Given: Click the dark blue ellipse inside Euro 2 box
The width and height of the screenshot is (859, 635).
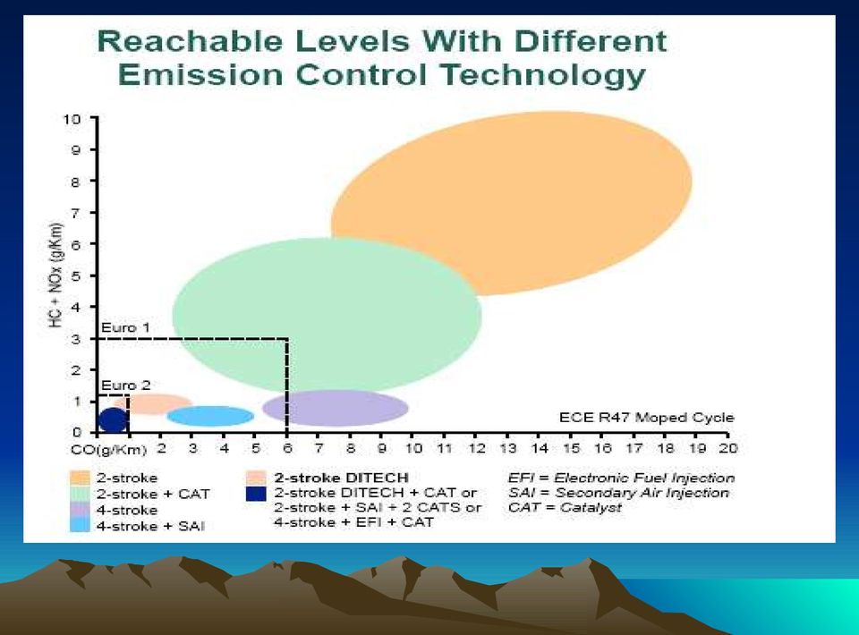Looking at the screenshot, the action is (x=113, y=419).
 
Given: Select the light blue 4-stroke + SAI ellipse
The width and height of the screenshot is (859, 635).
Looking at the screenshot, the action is (x=211, y=416).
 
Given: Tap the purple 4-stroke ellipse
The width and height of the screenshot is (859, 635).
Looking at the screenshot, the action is (x=336, y=408).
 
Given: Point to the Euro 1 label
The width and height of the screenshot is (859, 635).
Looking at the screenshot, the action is (x=125, y=327).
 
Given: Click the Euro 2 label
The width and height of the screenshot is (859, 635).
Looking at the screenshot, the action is (x=125, y=385).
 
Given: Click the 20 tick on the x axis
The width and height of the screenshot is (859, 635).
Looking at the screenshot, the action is (x=728, y=448).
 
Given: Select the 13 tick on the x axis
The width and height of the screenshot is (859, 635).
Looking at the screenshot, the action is (x=507, y=448).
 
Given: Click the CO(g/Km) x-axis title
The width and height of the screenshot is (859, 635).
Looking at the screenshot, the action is (x=109, y=450).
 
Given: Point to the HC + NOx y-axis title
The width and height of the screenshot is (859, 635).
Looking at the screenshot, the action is (x=56, y=275).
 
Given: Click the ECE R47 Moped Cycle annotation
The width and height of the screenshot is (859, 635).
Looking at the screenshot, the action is (x=646, y=417).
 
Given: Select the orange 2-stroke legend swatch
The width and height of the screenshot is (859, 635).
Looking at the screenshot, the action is (x=80, y=478).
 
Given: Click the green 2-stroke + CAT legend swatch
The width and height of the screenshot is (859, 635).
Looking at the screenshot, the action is (x=80, y=494).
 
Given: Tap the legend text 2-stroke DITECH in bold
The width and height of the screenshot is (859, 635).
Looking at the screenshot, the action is (x=341, y=478).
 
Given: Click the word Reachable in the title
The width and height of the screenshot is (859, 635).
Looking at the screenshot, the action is (x=190, y=41).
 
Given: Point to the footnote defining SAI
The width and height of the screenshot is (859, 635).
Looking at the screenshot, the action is (x=618, y=493).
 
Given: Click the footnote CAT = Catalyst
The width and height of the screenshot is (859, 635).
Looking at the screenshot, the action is (x=565, y=507).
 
